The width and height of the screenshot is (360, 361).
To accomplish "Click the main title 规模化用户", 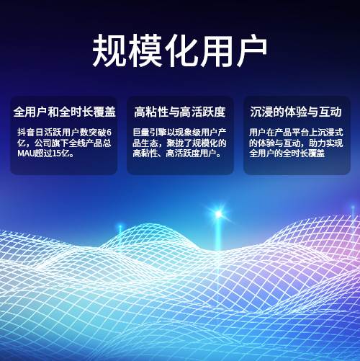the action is pyautogui.click(x=179, y=50).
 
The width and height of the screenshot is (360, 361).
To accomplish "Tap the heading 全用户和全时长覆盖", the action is pyautogui.click(x=65, y=112).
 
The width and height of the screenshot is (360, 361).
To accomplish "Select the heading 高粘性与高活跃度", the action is pyautogui.click(x=180, y=112).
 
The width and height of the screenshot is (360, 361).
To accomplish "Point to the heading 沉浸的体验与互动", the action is pyautogui.click(x=296, y=112).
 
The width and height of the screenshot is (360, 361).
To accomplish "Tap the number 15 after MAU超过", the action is pyautogui.click(x=56, y=153).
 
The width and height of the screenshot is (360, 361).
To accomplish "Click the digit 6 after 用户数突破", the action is pyautogui.click(x=109, y=133).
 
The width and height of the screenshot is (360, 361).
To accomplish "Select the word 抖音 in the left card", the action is pyautogui.click(x=26, y=133).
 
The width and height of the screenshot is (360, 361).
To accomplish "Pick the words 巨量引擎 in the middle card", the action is pyautogui.click(x=150, y=133).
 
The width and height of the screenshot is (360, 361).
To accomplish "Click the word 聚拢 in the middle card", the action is pyautogui.click(x=176, y=143).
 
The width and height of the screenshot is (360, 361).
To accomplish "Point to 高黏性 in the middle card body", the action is pyautogui.click(x=145, y=153).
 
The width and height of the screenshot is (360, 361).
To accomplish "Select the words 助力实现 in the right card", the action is pyautogui.click(x=325, y=143).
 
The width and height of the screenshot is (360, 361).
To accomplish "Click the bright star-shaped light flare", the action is pyautogui.click(x=219, y=214).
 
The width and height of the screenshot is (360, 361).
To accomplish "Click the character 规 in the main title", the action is pyautogui.click(x=109, y=50).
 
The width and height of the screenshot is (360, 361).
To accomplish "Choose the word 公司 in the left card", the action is pyautogui.click(x=43, y=143).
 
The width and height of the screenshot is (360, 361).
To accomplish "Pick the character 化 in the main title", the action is pyautogui.click(x=181, y=50).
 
